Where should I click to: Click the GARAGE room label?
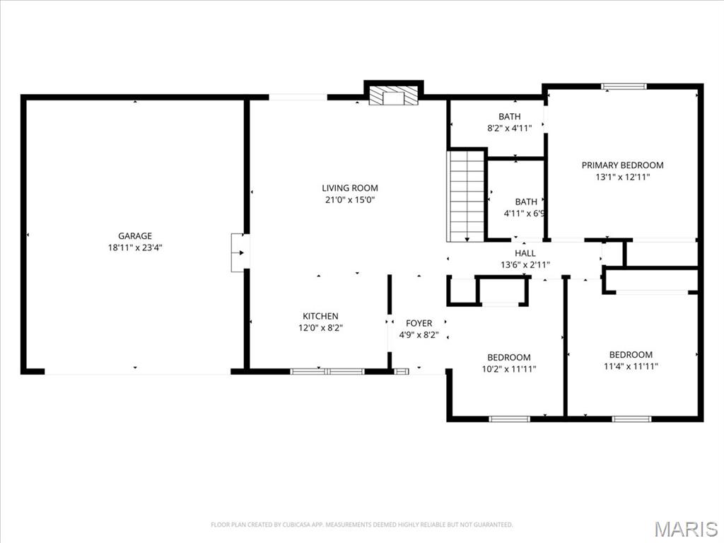134,236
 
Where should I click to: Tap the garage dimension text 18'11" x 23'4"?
134,247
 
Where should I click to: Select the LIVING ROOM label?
350,188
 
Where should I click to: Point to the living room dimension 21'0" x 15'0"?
350,199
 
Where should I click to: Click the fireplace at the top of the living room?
394,97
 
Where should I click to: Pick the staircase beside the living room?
466,196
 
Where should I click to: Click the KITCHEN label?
320,316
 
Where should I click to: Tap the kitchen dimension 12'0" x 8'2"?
320,327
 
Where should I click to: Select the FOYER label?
419,323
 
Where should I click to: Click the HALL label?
525,253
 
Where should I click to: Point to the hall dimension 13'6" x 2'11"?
525,265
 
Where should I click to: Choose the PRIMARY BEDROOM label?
622,165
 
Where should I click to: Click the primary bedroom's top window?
624,86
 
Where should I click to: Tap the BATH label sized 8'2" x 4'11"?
509,117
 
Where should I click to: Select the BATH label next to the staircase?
525,202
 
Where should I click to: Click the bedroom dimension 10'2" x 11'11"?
508,368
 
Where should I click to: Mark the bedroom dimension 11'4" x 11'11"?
631,366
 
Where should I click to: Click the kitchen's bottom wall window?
327,370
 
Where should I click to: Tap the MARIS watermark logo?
685,529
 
